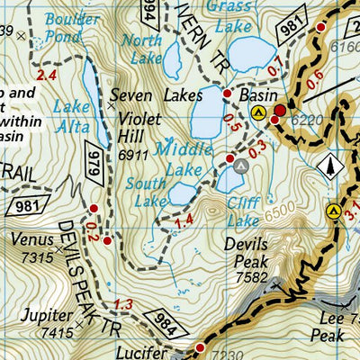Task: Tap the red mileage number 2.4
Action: click(x=46, y=76)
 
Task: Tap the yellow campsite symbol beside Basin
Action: click(x=259, y=112)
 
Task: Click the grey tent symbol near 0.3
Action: click(x=240, y=166)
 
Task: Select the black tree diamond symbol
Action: click(x=332, y=165)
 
